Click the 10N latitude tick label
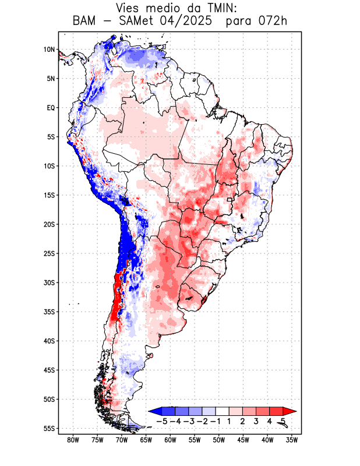[49, 50]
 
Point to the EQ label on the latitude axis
[50, 108]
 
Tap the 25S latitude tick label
[48, 253]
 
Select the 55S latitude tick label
[48, 429]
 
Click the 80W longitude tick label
[73, 440]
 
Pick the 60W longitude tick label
[170, 440]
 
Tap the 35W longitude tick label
[292, 440]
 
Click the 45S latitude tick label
[48, 370]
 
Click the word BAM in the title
[86, 22]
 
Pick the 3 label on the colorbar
[256, 421]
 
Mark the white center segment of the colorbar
[222, 411]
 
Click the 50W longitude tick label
[219, 440]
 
